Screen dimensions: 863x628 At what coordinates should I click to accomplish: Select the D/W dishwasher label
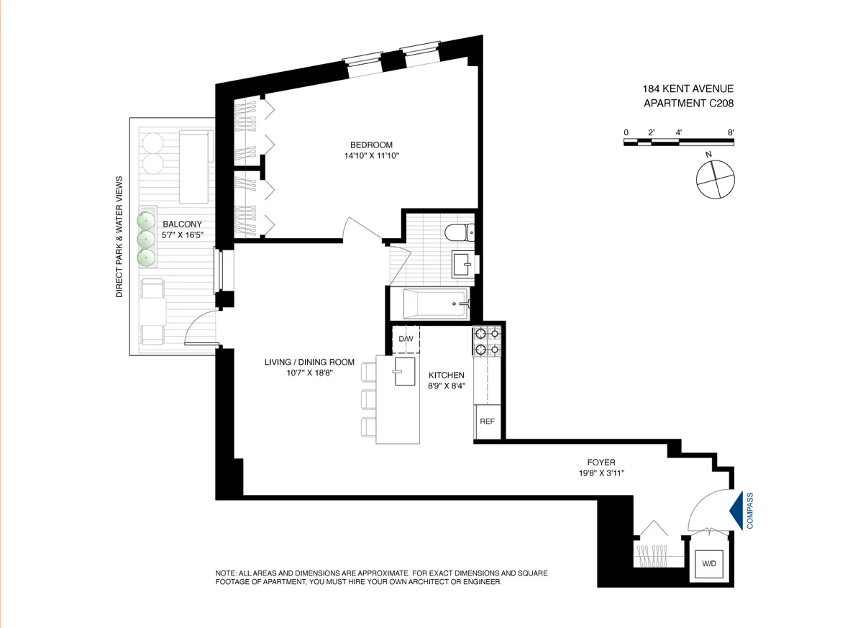click(x=406, y=339)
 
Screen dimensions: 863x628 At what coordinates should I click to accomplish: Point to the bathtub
click(x=429, y=304)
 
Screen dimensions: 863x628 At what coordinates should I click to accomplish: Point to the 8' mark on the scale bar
click(x=731, y=132)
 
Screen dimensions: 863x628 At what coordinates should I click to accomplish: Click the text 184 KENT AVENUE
click(x=688, y=89)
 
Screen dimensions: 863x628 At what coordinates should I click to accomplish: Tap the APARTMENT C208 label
click(x=688, y=104)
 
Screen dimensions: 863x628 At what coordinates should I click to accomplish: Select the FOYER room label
click(x=601, y=463)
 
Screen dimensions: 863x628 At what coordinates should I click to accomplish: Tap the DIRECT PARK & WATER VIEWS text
click(x=120, y=237)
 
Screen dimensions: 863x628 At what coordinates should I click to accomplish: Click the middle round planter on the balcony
click(x=147, y=237)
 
